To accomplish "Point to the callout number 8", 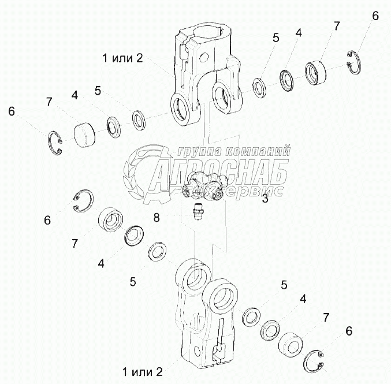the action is [156, 217].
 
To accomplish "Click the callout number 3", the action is [265, 200].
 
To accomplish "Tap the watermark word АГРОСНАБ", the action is [219, 173].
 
